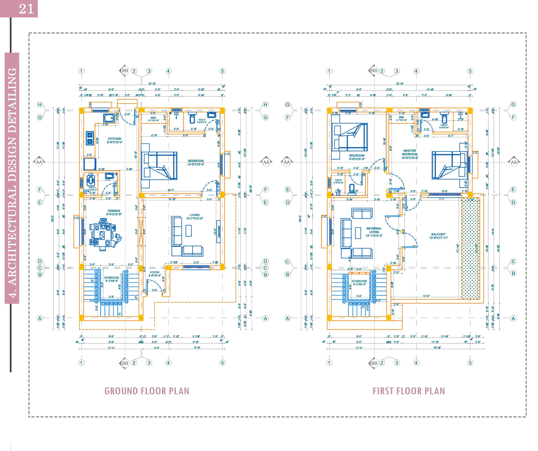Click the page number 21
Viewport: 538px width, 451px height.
(26, 9)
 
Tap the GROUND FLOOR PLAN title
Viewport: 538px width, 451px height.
(147, 391)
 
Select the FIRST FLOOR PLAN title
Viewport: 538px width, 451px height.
(409, 391)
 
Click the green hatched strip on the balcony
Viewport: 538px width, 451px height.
(471, 248)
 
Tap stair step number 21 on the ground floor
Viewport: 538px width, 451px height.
(127, 272)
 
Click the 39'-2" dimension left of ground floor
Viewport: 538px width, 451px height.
(53, 218)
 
